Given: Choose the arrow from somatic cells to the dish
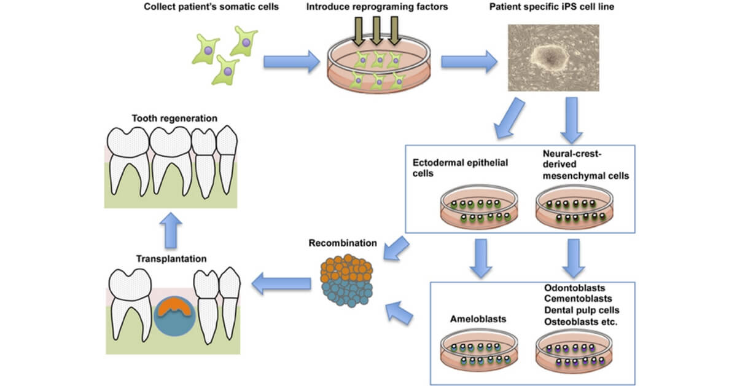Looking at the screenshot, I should coord(292,61).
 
